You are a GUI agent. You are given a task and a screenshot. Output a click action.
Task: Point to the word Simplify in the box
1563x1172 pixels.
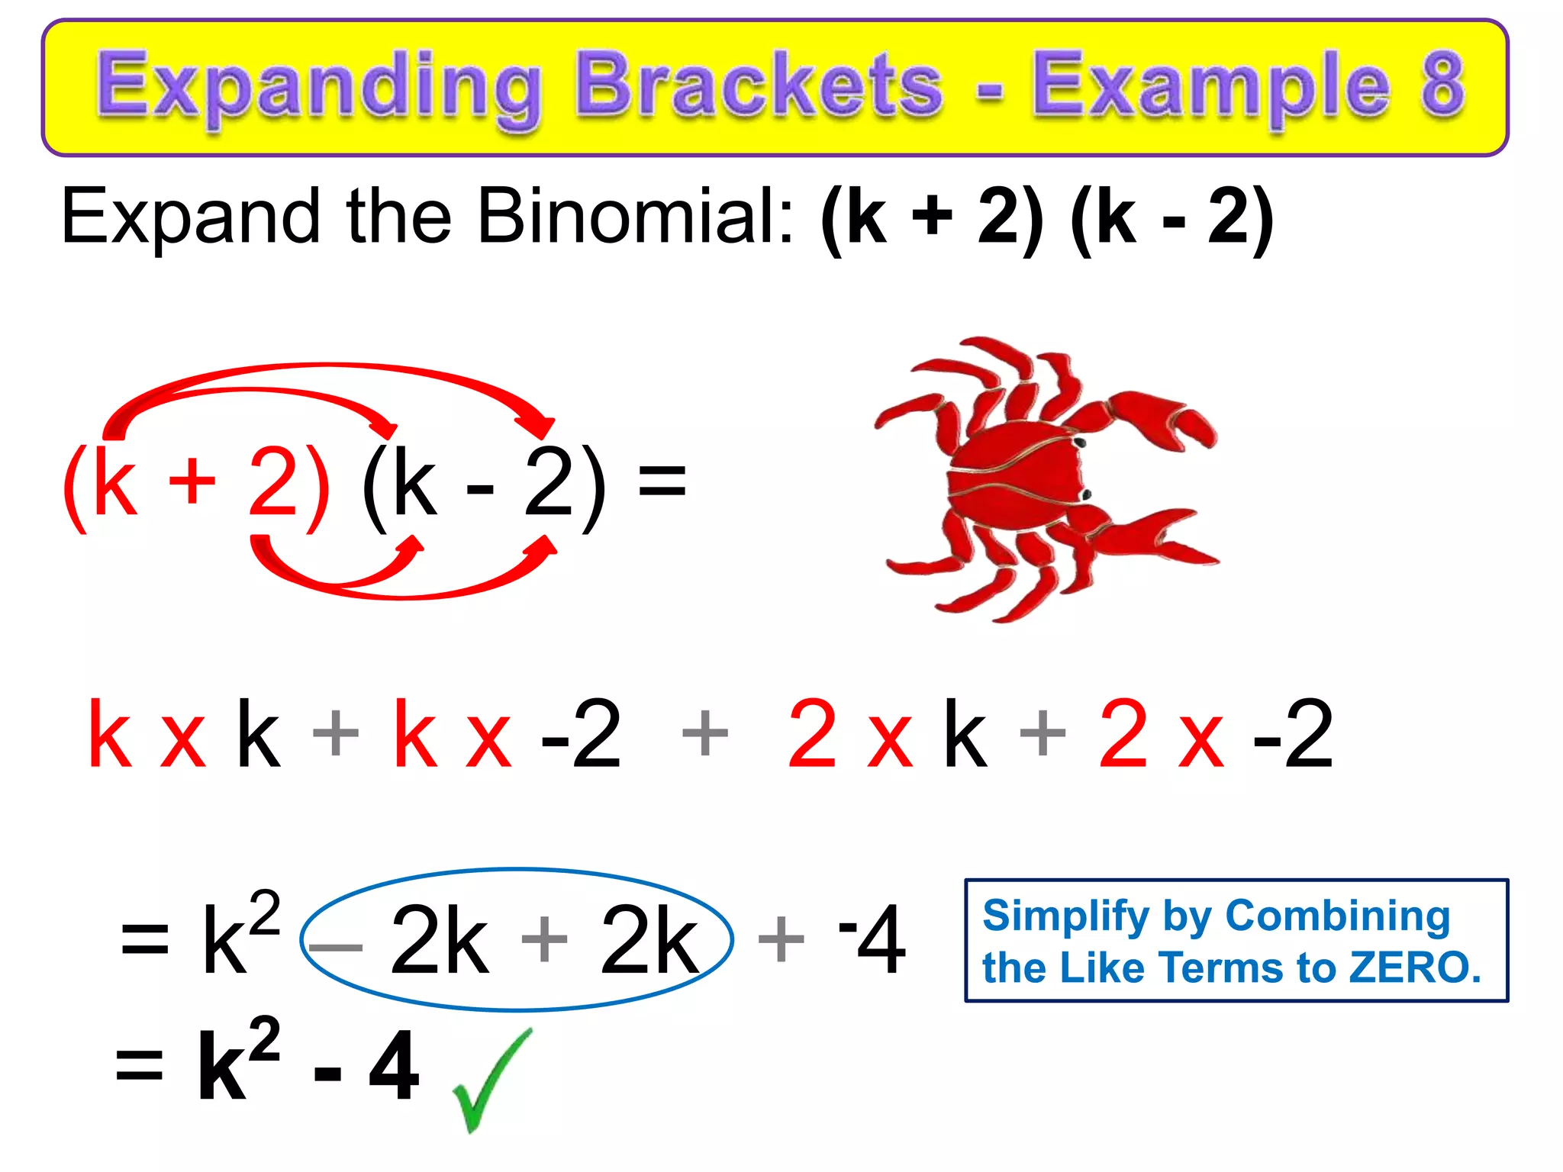[1065, 916]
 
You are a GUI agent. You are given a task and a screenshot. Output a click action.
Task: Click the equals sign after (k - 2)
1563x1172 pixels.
[662, 481]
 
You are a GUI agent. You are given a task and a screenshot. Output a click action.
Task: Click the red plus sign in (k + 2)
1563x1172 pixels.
[192, 482]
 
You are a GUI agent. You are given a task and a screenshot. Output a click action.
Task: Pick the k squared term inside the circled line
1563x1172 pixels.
[238, 934]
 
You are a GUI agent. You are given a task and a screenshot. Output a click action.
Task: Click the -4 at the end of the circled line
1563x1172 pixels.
[873, 939]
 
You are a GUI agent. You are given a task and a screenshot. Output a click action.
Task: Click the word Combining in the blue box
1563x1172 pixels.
[1337, 916]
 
